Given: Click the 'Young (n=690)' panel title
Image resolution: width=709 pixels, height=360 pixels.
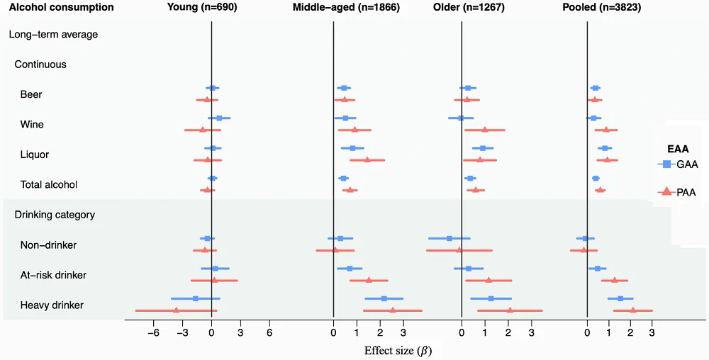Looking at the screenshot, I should point(202,7).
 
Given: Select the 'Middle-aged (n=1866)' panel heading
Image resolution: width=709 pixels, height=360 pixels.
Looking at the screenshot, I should point(346,7).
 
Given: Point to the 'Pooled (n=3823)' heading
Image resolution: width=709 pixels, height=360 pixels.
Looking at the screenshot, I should point(603,7).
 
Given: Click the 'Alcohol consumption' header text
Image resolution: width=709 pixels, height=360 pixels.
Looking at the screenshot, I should point(61,7).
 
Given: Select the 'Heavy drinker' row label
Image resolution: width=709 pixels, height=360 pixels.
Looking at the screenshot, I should point(52,305).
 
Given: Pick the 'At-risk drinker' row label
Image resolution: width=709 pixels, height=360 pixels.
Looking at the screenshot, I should point(54,275).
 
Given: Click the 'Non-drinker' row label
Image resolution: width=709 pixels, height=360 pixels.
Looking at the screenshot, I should point(48,245).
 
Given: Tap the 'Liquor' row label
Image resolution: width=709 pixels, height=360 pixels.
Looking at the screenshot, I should point(35,154).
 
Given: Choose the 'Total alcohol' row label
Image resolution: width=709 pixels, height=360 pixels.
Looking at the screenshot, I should point(49,184).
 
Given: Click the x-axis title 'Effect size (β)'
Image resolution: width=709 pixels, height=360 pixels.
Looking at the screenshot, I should point(399,350).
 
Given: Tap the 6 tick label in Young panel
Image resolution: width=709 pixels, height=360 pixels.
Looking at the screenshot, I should point(269,333).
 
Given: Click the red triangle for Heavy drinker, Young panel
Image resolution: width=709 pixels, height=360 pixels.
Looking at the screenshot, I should point(176,310).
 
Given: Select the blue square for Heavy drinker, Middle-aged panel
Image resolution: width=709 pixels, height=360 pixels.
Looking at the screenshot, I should point(384,299).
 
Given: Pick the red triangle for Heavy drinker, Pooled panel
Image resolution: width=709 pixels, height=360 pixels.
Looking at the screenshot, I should point(632,310).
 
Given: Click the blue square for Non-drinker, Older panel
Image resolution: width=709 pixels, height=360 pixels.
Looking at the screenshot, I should point(450,239).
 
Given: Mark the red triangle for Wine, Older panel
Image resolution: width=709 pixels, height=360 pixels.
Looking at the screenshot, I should point(485,130).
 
